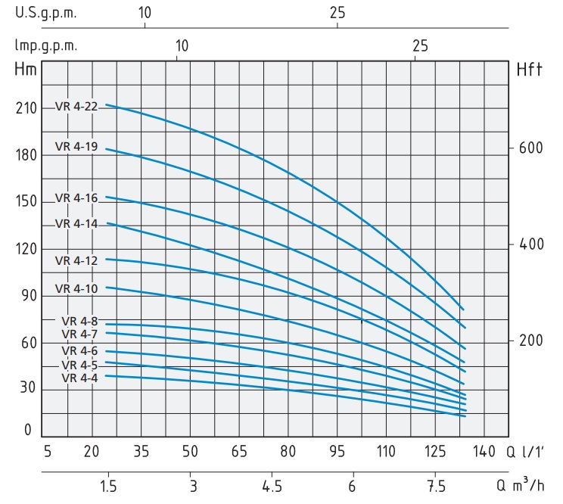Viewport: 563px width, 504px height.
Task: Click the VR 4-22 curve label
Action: (x=76, y=107)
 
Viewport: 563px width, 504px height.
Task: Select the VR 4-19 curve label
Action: (x=76, y=146)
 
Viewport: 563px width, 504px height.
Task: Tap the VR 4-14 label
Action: (x=76, y=223)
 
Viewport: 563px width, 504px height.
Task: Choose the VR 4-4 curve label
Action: (x=79, y=378)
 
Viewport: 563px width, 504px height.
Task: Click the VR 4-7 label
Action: (x=79, y=334)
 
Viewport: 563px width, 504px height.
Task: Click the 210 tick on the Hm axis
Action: (x=26, y=108)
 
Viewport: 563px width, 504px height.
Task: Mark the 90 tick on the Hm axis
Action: (x=26, y=296)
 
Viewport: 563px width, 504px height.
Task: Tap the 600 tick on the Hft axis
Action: (x=533, y=148)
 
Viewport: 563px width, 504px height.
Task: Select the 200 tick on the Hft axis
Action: (x=533, y=341)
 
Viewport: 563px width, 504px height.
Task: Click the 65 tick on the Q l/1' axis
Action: (x=239, y=452)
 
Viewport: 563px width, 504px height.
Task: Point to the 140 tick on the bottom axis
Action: (x=484, y=452)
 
